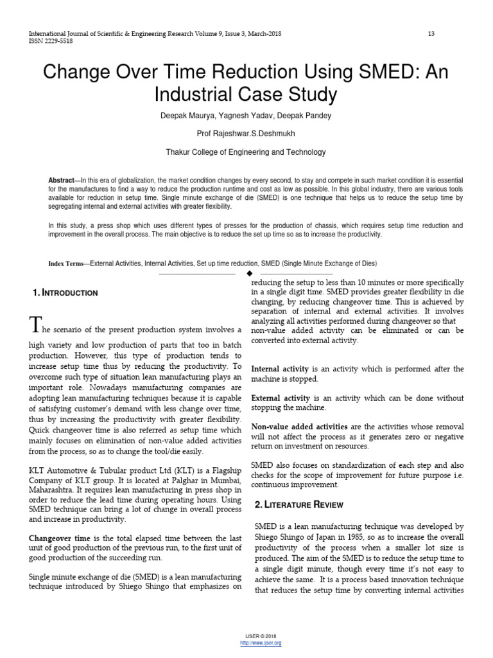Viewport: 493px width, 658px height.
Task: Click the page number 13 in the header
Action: click(431, 33)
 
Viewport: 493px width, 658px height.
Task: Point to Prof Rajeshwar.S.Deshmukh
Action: click(246, 134)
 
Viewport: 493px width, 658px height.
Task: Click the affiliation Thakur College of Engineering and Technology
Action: click(246, 152)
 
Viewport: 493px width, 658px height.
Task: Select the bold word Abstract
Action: click(62, 181)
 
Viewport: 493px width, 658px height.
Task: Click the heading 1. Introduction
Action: click(65, 293)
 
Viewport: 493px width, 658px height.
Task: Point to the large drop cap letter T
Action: click(36, 325)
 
